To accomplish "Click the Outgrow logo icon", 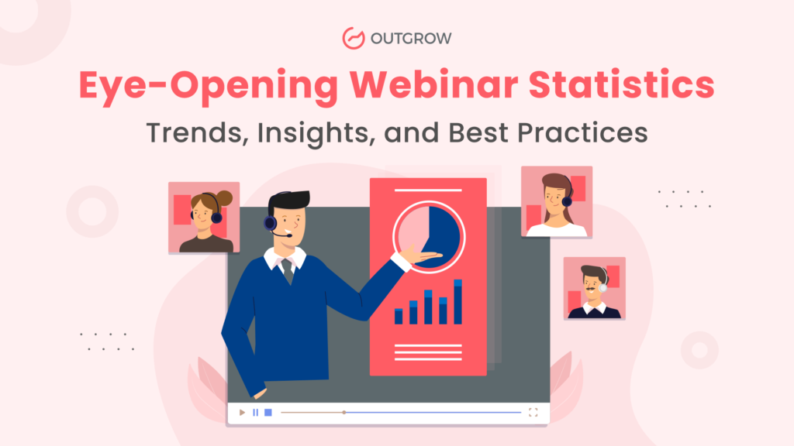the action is (x=354, y=39).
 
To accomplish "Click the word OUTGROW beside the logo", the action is (x=411, y=39).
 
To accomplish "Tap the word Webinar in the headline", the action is (x=433, y=84).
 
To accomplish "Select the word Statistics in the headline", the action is (x=621, y=84).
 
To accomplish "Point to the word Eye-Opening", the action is (x=208, y=87).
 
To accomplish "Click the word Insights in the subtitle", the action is (x=316, y=133).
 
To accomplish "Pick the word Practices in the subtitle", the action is (x=582, y=132).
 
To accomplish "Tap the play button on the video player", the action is (x=242, y=413).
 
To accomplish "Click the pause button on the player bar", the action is (x=256, y=413).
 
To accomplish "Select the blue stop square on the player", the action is (x=268, y=413).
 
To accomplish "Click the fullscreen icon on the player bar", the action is (x=533, y=413).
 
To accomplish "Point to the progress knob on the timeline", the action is (x=343, y=413).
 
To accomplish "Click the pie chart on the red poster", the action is (x=429, y=237).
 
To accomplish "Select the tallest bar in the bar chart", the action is (x=457, y=302).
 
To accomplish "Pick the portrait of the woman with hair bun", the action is (x=204, y=218).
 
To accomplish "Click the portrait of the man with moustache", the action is (x=595, y=288).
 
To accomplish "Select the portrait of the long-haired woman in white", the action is (x=557, y=202).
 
